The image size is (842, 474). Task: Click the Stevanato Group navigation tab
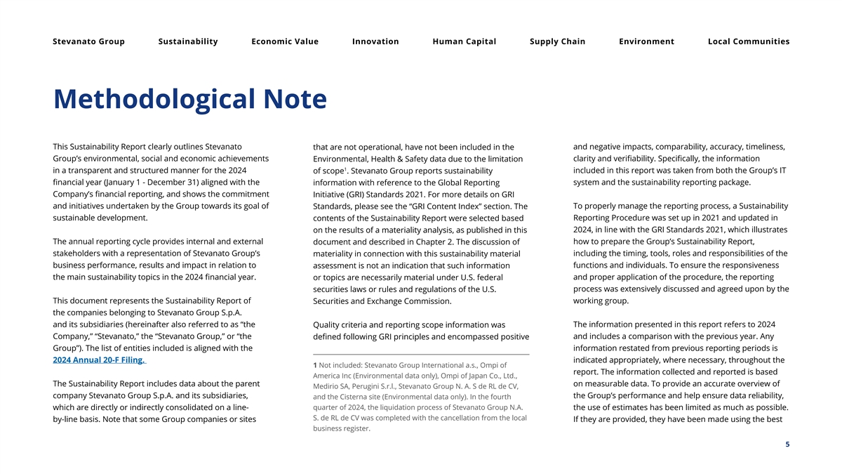[88, 41]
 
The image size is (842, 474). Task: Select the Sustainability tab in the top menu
[188, 41]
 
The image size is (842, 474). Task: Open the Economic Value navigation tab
[285, 41]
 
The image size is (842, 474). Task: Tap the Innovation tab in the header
[375, 41]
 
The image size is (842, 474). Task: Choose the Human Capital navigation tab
[465, 41]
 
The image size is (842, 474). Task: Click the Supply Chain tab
[557, 41]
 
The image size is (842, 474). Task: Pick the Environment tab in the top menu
[646, 41]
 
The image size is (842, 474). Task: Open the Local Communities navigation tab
[749, 41]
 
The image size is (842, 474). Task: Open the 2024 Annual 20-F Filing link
[99, 360]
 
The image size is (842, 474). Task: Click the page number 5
[787, 444]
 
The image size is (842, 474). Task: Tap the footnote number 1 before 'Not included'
[315, 365]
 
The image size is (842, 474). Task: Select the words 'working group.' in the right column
[601, 301]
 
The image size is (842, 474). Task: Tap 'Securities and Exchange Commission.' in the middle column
[382, 301]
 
